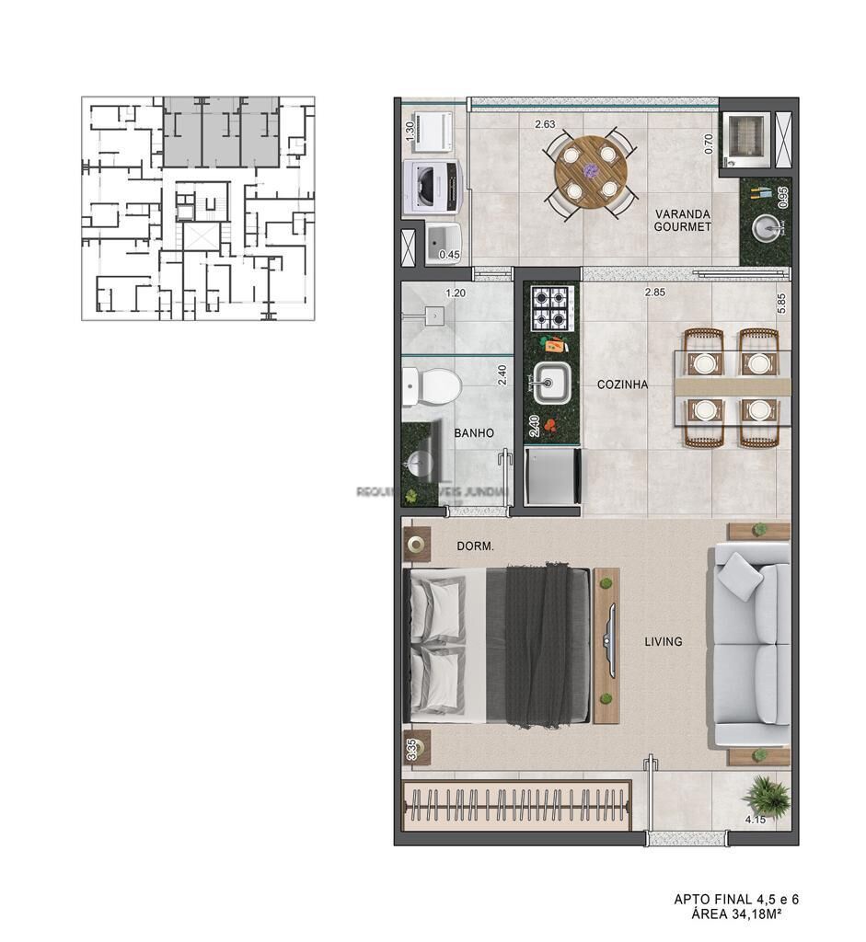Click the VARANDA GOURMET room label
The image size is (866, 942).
click(x=683, y=220)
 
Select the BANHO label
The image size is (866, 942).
click(x=474, y=432)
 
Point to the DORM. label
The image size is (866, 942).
click(x=476, y=546)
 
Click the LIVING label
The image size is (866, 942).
click(x=663, y=641)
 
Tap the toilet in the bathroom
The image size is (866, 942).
click(x=431, y=386)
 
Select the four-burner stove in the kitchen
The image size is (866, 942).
click(x=552, y=308)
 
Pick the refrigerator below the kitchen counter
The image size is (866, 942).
click(x=551, y=476)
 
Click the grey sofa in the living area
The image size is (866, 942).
click(x=750, y=643)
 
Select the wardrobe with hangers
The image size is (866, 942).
click(x=517, y=807)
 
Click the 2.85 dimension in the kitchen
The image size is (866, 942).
click(x=654, y=293)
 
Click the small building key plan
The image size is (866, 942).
click(x=198, y=208)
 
